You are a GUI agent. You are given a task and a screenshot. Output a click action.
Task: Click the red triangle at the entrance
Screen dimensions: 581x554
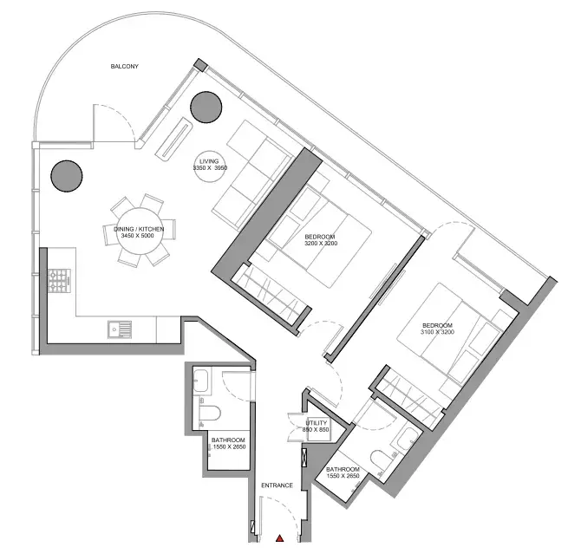pyautogui.click(x=280, y=538)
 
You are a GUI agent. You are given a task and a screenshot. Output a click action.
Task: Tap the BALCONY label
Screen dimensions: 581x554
pyautogui.click(x=125, y=67)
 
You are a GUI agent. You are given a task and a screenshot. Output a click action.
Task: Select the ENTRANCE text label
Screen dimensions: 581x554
pyautogui.click(x=277, y=485)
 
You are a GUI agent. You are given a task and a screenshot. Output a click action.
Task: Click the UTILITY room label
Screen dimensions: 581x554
pyautogui.click(x=316, y=423)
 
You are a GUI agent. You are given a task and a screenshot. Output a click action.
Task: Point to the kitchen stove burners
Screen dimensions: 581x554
pyautogui.click(x=59, y=281)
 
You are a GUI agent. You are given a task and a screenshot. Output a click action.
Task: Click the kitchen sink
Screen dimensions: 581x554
pyautogui.click(x=120, y=329)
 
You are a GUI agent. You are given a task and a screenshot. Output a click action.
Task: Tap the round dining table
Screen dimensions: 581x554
pyautogui.click(x=140, y=231)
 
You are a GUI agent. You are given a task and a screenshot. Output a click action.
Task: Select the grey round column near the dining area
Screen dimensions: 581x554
pyautogui.click(x=67, y=176)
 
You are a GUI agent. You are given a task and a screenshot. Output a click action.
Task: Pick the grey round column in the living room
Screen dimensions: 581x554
pyautogui.click(x=206, y=108)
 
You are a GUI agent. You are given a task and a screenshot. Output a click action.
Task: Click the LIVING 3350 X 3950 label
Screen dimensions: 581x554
pyautogui.click(x=210, y=165)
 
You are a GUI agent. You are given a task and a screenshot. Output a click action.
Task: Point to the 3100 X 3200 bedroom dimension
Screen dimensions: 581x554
pyautogui.click(x=437, y=332)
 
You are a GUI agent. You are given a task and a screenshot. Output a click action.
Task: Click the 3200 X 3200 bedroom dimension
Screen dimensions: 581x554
pyautogui.click(x=321, y=244)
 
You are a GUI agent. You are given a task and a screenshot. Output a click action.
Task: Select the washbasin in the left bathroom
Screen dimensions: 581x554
pyautogui.click(x=201, y=381)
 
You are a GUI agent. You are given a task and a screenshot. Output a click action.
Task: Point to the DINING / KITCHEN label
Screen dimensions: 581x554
pyautogui.click(x=139, y=229)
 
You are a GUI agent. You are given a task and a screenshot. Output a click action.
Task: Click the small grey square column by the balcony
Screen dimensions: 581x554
pyautogui.click(x=201, y=65)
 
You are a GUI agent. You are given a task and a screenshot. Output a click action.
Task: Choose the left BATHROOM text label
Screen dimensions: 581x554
pyautogui.click(x=228, y=440)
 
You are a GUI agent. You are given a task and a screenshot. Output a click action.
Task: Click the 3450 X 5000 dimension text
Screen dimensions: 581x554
pyautogui.click(x=137, y=236)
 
